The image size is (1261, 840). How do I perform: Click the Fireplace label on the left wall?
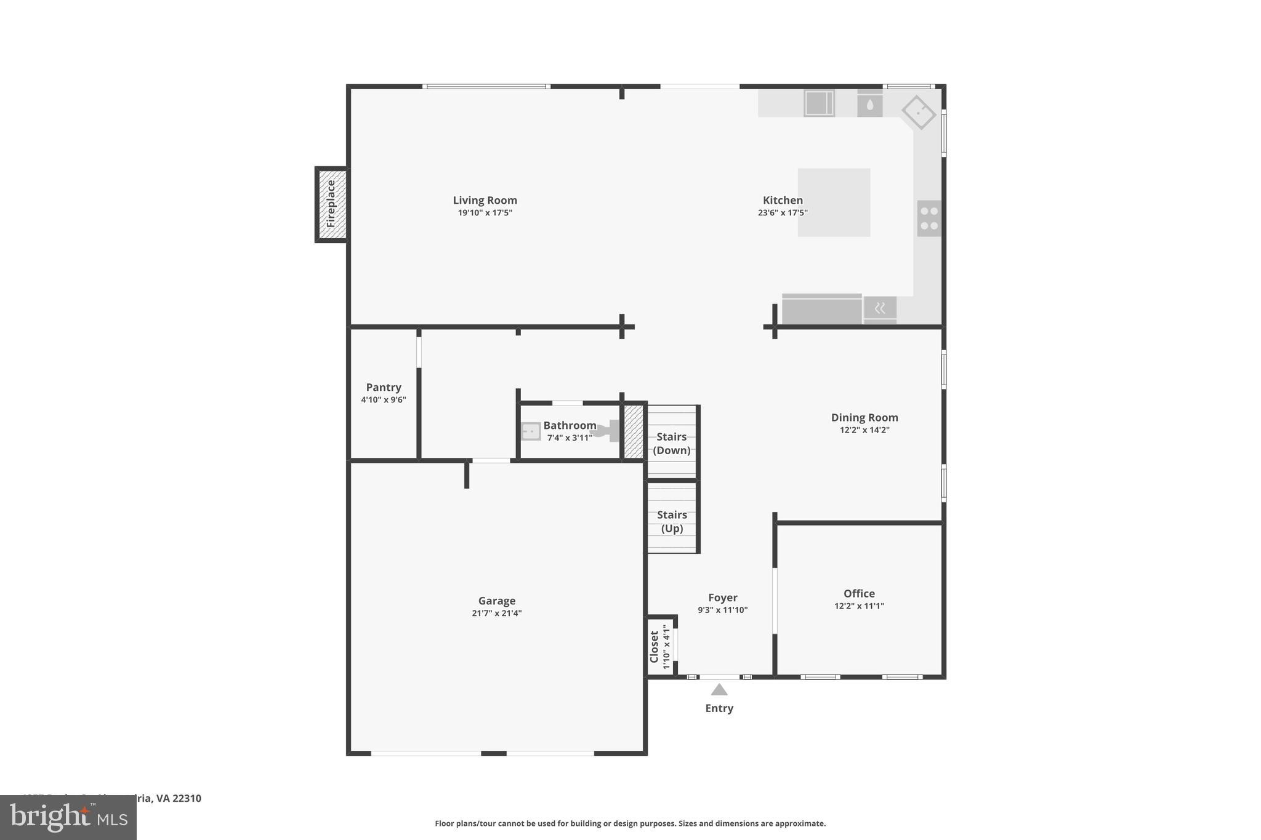pos(331,204)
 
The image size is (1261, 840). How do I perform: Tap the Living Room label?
pos(485,200)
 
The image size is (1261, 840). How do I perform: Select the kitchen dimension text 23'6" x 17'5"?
pos(783,213)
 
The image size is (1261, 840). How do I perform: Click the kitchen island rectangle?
pos(834,202)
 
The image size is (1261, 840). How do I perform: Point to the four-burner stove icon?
pos(929,218)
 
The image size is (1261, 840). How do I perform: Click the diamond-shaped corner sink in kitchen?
pos(919,112)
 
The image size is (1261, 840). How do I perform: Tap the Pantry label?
pos(384,387)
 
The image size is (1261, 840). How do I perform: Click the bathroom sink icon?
pos(531,431)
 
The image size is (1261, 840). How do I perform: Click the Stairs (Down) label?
pos(671,443)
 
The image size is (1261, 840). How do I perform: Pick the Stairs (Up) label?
pos(672,521)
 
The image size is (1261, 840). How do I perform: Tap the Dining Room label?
pos(864,417)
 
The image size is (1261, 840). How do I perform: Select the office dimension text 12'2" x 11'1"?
pos(859,606)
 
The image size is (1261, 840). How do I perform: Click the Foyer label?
pos(722,598)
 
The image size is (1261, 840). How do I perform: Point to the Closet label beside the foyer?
pos(654,647)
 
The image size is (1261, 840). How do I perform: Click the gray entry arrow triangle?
pos(719,690)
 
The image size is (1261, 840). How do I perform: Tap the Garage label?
pos(496,601)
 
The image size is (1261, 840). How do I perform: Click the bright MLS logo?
pos(68,818)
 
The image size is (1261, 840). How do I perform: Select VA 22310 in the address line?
pos(179,798)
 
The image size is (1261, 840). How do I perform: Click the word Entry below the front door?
pos(719,708)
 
